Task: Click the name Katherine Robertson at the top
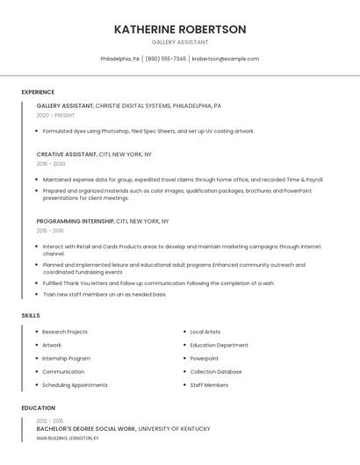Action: pos(180,29)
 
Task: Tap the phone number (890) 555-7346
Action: pos(166,59)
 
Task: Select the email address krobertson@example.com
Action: pos(226,59)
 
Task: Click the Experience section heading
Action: pos(38,92)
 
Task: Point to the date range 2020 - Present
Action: pos(55,115)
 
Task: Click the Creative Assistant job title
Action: pos(67,154)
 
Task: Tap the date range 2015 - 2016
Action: pos(50,231)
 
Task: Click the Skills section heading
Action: pos(31,315)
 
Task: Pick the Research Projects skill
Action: pos(65,332)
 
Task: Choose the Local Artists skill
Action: pos(205,332)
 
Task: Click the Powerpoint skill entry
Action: pos(205,358)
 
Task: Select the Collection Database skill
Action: pos(216,371)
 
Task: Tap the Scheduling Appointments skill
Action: pos(75,384)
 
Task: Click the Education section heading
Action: pos(38,408)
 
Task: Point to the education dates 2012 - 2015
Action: pos(49,421)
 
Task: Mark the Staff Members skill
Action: pos(209,384)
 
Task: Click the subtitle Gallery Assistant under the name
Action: pos(180,41)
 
